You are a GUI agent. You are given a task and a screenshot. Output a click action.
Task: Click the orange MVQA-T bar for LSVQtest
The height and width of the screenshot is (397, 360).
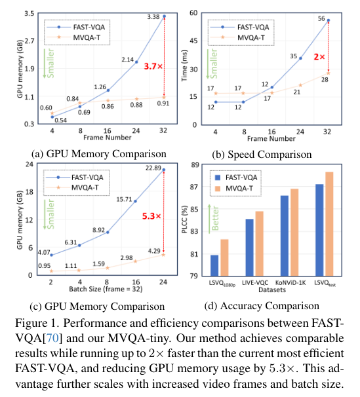pyautogui.click(x=329, y=223)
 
